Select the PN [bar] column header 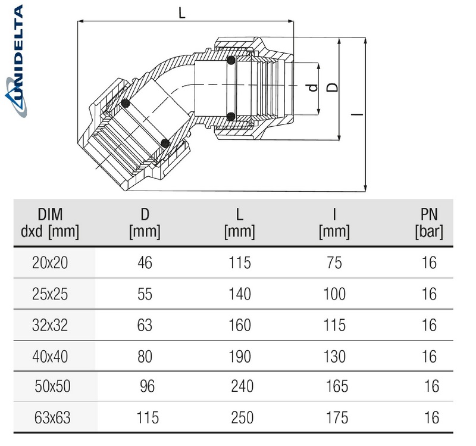click(x=428, y=223)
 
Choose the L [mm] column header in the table click(x=239, y=223)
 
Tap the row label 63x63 click(x=53, y=417)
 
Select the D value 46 click(x=143, y=263)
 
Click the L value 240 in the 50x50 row click(x=242, y=386)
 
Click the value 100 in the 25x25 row click(x=334, y=294)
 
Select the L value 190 click(x=239, y=356)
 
